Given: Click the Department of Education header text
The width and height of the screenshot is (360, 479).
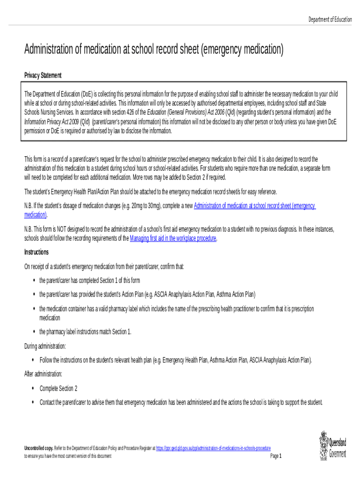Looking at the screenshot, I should click(x=330, y=19).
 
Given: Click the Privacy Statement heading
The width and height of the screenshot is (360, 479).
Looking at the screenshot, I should click(x=43, y=75).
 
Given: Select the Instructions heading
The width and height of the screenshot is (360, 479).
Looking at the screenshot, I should click(x=36, y=252).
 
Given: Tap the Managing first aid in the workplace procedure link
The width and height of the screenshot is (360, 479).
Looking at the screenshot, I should click(x=173, y=238).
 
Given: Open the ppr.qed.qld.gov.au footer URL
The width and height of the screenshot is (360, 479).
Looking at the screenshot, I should click(x=213, y=448).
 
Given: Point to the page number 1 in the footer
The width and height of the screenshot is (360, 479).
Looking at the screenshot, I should click(x=280, y=456).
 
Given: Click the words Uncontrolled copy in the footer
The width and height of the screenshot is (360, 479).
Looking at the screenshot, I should click(x=39, y=448).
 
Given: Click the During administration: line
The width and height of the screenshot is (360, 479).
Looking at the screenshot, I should click(x=45, y=346).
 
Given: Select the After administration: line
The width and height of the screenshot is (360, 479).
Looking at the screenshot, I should click(x=43, y=374).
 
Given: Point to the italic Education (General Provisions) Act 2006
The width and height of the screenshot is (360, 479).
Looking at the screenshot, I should click(x=186, y=112).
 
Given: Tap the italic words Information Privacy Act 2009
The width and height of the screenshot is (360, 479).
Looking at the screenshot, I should click(x=51, y=122).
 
